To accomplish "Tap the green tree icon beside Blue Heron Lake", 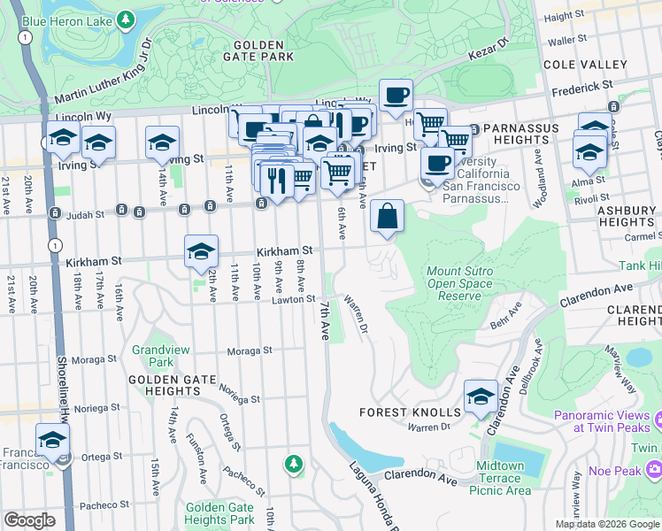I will (x=126, y=19).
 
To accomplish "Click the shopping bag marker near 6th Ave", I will (x=388, y=216).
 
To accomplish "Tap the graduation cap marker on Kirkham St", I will (x=201, y=251).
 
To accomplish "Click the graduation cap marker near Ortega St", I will (x=53, y=440).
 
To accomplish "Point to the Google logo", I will (x=29, y=520).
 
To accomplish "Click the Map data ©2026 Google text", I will (x=607, y=524).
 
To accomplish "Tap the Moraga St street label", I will (x=249, y=351).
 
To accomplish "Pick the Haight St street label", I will (x=589, y=17).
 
